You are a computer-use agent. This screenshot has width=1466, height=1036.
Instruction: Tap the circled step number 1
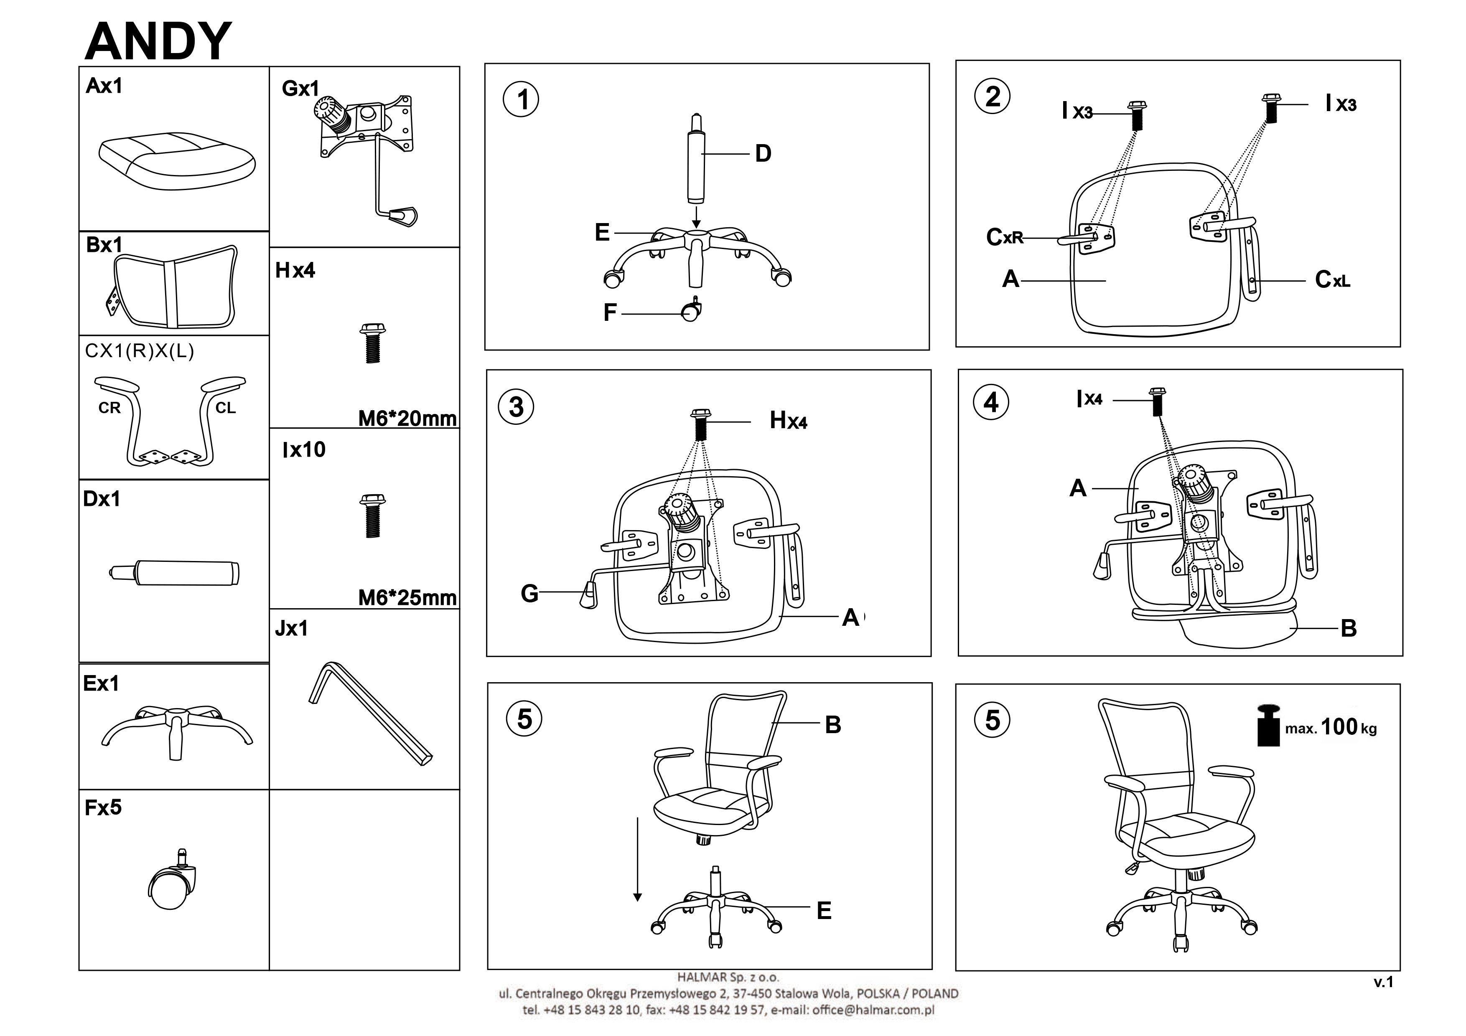point(521,99)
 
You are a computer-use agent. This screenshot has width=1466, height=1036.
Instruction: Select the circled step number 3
point(517,406)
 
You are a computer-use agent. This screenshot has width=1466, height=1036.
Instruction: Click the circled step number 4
point(990,402)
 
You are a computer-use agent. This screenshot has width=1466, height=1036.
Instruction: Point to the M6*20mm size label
point(407,419)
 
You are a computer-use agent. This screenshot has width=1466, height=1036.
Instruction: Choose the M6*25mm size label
point(407,598)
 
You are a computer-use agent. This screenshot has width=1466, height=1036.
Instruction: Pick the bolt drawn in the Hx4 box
point(373,343)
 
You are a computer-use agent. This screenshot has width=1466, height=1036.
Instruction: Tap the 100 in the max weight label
point(1339,726)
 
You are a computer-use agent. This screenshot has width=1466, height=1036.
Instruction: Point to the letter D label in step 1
point(763,154)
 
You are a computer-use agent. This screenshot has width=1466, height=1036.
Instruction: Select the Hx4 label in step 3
point(788,421)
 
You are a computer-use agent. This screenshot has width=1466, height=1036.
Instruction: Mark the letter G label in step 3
point(529,594)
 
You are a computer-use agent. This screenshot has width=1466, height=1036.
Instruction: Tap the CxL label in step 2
point(1333,279)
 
